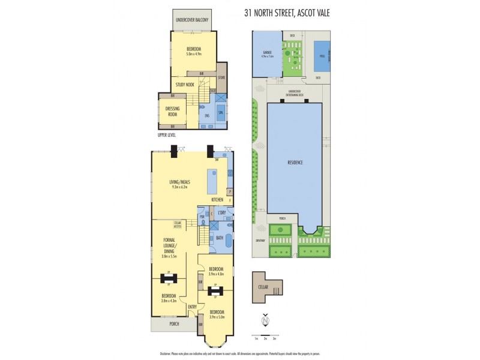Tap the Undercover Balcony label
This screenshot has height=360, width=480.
click(x=192, y=20)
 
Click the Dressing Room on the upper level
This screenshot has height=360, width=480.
click(x=172, y=111)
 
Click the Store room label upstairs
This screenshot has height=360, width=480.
click(x=221, y=77)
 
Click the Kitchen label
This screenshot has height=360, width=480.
click(x=217, y=199)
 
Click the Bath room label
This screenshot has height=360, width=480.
click(x=220, y=238)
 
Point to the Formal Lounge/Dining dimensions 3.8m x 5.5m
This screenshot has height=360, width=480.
click(x=173, y=256)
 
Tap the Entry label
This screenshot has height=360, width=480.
click(x=191, y=308)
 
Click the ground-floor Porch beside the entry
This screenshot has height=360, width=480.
click(x=174, y=324)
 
